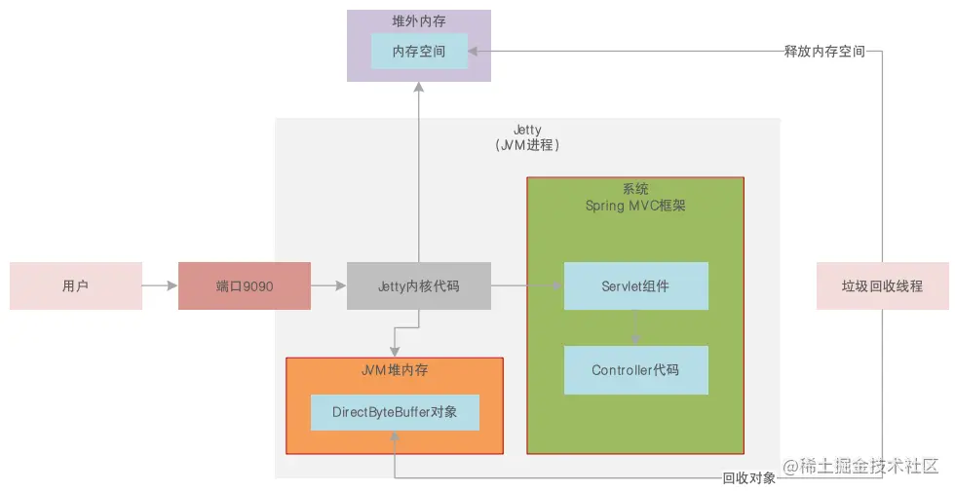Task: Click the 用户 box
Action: pyautogui.click(x=75, y=286)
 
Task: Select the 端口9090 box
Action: pyautogui.click(x=245, y=286)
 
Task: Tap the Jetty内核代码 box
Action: pyautogui.click(x=418, y=286)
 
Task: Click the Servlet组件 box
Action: pyautogui.click(x=635, y=286)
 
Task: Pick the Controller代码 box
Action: pyautogui.click(x=635, y=370)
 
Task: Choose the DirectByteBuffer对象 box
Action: pyautogui.click(x=395, y=412)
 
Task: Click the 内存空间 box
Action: pyautogui.click(x=419, y=52)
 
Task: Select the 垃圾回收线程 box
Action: pyautogui.click(x=882, y=286)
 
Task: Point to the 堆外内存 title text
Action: pyautogui.click(x=419, y=20)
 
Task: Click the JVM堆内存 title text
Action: pyautogui.click(x=394, y=370)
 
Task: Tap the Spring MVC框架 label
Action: pyautogui.click(x=635, y=206)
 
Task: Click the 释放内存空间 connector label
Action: pyautogui.click(x=824, y=52)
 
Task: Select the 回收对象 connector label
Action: pyautogui.click(x=749, y=478)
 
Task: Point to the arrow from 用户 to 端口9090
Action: pyautogui.click(x=160, y=286)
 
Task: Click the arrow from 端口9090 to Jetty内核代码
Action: pyautogui.click(x=328, y=286)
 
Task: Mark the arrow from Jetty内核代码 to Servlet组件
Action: pyautogui.click(x=527, y=286)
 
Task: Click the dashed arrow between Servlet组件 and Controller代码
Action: pyautogui.click(x=635, y=327)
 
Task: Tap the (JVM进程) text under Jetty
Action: pyautogui.click(x=527, y=144)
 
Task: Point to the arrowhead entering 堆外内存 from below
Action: pyautogui.click(x=419, y=88)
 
